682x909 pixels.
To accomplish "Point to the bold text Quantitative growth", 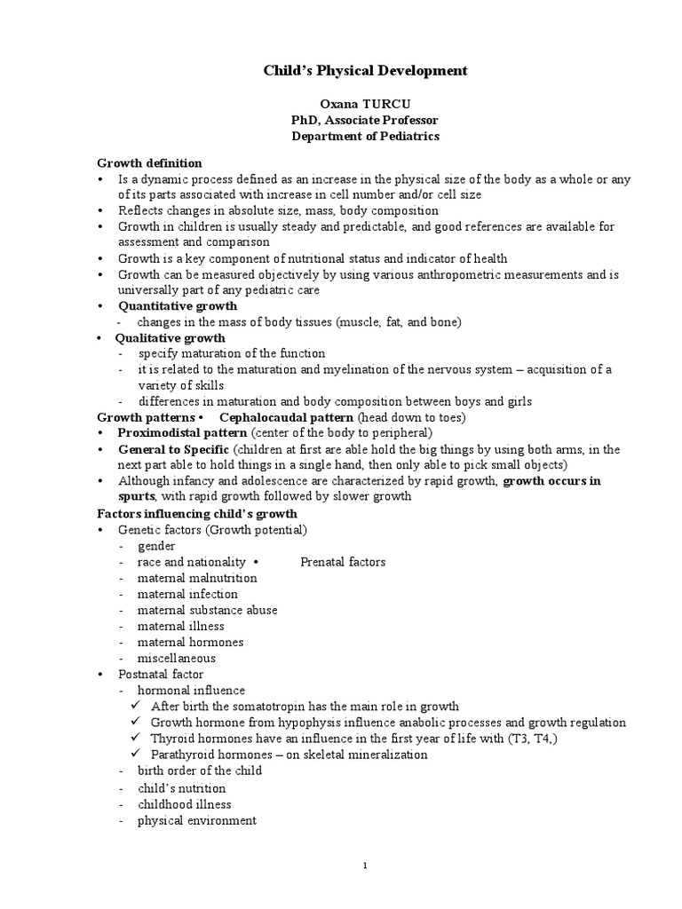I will click(178, 305).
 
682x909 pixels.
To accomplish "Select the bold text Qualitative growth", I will click(170, 337).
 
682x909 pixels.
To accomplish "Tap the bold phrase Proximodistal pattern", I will click(182, 433).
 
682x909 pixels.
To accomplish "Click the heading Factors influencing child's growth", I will click(196, 513).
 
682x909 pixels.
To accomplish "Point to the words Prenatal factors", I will click(343, 562).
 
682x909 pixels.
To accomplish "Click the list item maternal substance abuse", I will click(207, 610).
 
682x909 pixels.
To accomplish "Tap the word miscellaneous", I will click(176, 658).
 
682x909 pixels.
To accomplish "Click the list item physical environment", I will click(196, 820).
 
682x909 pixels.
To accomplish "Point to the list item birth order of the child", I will click(199, 771).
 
